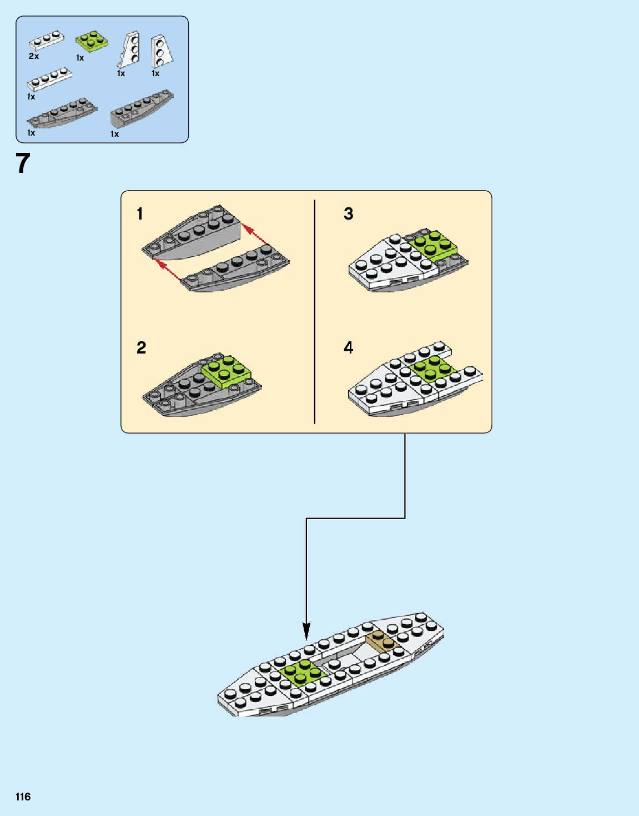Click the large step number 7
pos(23,163)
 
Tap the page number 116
pos(23,797)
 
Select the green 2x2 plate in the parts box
pos(92,41)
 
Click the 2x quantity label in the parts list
pos(34,56)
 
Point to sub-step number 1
pos(140,213)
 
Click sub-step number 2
pos(141,347)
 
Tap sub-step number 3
pos(348,213)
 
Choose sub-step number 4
pos(348,347)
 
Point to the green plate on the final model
pos(301,673)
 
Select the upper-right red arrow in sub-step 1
pos(255,236)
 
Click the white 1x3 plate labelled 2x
pos(47,41)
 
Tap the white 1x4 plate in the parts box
pos(49,79)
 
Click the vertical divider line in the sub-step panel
pos(315,311)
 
